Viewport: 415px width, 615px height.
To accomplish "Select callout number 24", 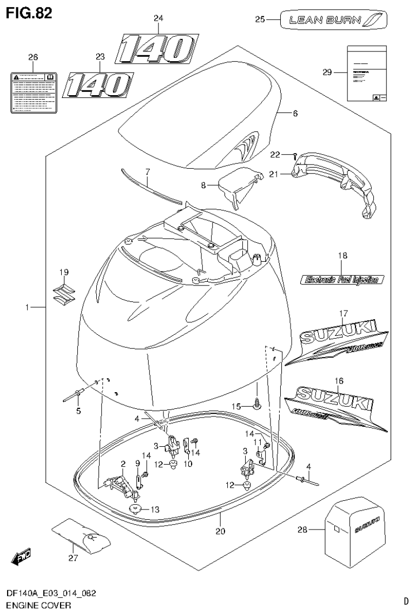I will (x=158, y=18).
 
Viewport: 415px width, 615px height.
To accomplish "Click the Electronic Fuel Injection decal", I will (x=342, y=280).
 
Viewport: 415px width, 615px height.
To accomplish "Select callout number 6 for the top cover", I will (x=295, y=114).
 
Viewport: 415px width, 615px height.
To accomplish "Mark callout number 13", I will (x=155, y=508).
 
